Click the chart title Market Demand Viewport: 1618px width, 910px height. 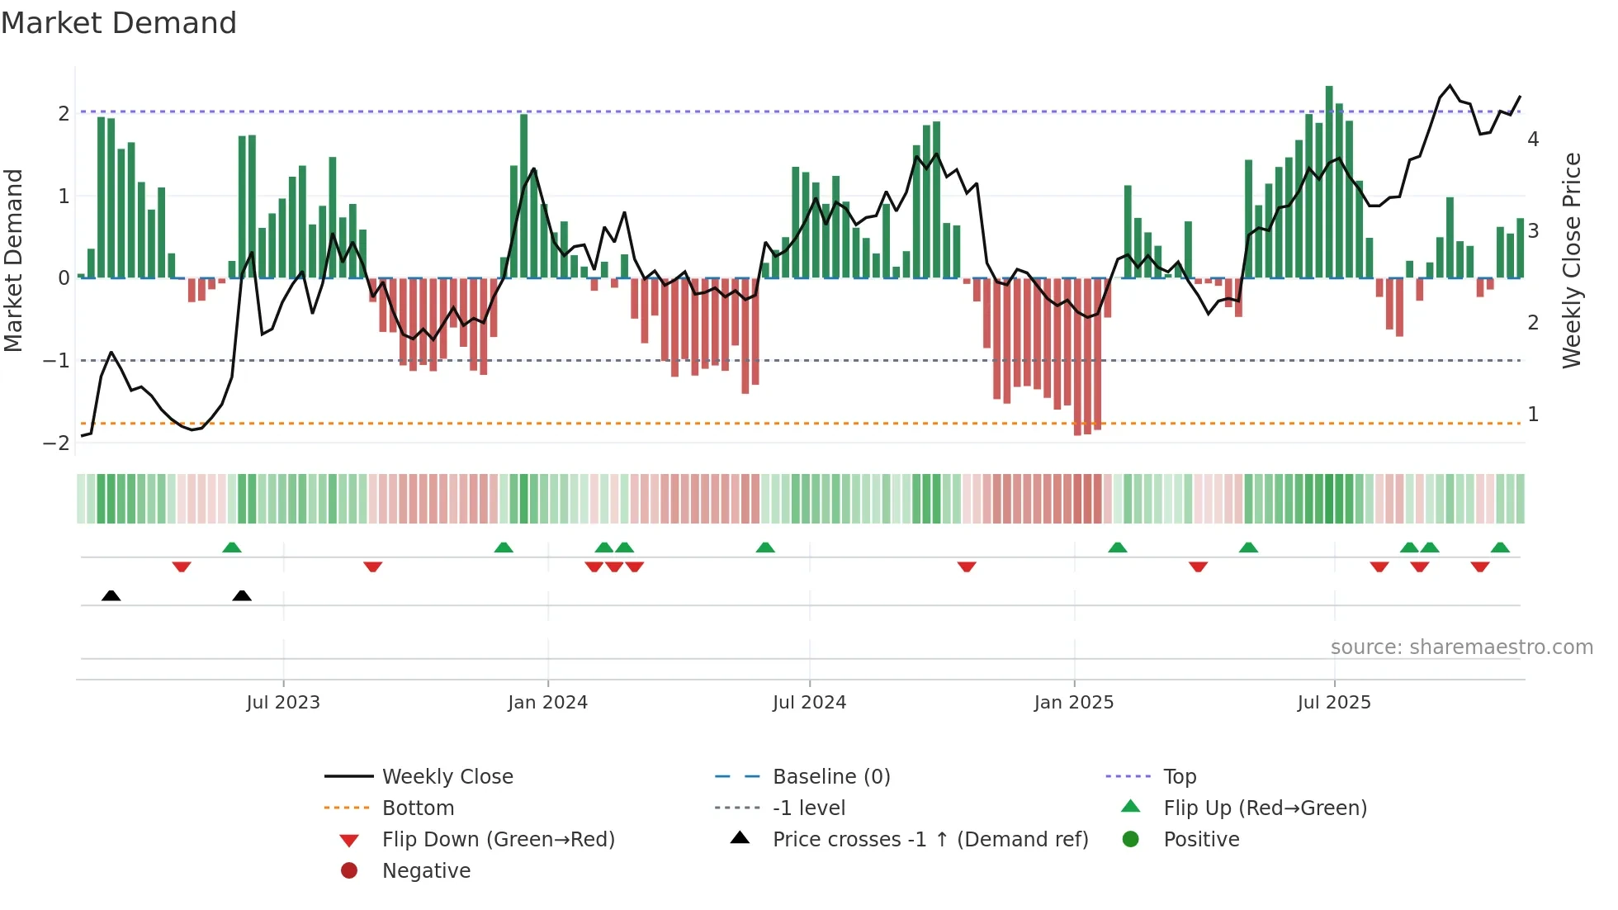click(x=119, y=23)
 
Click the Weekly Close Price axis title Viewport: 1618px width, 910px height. click(x=1572, y=260)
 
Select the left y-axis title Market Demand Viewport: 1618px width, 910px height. click(x=13, y=260)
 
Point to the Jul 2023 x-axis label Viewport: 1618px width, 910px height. click(x=283, y=703)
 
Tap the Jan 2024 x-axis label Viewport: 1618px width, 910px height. click(x=547, y=703)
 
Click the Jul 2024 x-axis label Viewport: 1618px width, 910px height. click(x=809, y=703)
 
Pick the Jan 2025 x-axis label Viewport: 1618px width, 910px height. click(x=1073, y=703)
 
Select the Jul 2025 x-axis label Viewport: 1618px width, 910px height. click(x=1333, y=703)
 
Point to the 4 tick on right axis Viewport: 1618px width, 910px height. click(x=1533, y=140)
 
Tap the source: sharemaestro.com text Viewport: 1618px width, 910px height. click(x=1461, y=647)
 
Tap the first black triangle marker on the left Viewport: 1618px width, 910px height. click(x=111, y=595)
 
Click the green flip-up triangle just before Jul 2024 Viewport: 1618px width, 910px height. click(x=765, y=547)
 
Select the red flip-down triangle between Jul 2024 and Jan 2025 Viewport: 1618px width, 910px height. click(x=967, y=566)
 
